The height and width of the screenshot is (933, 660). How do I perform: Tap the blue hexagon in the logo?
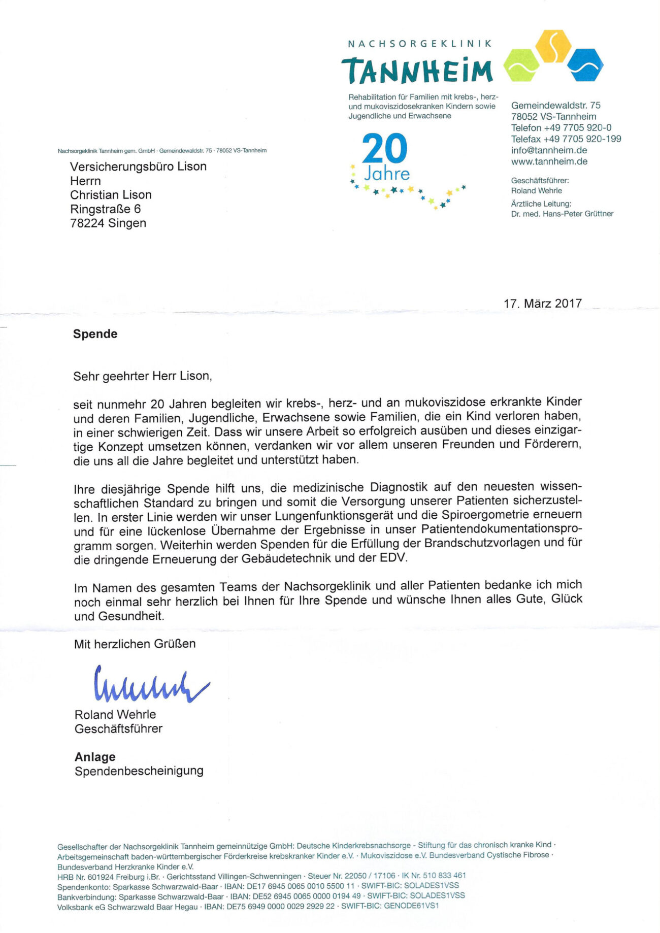(x=585, y=65)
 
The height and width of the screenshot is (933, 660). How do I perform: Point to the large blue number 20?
(x=385, y=148)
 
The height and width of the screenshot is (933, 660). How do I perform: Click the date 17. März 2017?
(x=542, y=304)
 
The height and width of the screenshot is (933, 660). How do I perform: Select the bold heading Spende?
(x=95, y=334)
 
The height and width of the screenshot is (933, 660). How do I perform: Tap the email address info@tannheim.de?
(x=549, y=150)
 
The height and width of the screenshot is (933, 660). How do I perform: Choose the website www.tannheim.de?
(x=549, y=161)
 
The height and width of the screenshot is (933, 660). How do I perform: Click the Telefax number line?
(x=566, y=139)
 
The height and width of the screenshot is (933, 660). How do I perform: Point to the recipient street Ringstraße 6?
(x=105, y=209)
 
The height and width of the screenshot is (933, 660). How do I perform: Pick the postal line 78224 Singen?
(x=108, y=223)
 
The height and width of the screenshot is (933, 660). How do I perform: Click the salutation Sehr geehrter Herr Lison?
(x=142, y=376)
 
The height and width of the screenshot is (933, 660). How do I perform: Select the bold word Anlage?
(x=95, y=757)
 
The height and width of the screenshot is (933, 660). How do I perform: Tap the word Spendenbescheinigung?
(x=139, y=771)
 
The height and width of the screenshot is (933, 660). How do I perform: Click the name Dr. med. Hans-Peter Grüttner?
(x=562, y=214)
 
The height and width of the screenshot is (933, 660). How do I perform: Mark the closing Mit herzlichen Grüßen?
(x=135, y=644)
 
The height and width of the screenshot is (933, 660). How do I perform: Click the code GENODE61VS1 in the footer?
(x=411, y=906)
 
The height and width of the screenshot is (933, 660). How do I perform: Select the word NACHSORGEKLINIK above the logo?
(x=419, y=44)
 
